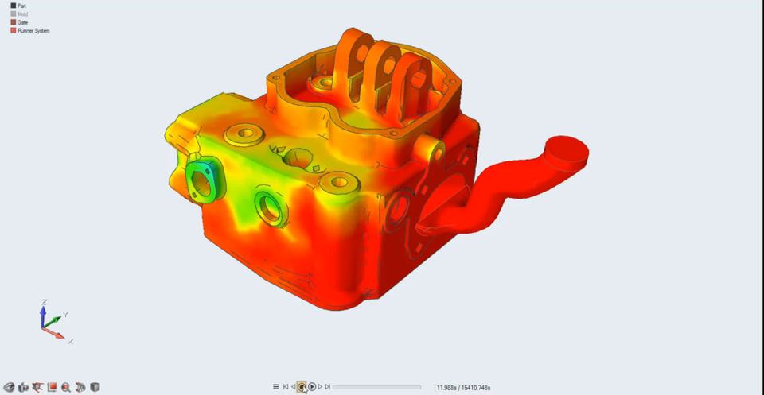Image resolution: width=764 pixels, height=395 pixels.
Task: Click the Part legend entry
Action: tap(21, 6)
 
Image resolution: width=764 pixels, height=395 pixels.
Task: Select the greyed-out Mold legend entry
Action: tap(21, 14)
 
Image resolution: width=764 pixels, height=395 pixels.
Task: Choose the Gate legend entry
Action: tap(21, 22)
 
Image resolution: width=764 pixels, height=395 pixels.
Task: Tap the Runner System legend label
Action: tap(33, 30)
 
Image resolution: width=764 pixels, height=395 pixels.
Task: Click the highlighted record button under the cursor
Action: tap(302, 387)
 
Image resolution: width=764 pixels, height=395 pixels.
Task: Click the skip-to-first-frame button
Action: tap(286, 387)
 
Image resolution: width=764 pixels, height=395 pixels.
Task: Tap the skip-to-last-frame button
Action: tap(328, 387)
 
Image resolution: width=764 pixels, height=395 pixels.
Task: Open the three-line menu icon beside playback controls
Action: tap(276, 387)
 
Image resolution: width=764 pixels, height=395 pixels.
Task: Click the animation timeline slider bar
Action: tap(376, 387)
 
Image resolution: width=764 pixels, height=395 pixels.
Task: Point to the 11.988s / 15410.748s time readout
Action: tap(463, 388)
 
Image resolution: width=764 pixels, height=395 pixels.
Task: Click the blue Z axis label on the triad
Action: tap(43, 302)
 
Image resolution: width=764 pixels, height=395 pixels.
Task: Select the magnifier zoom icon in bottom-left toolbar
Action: tap(66, 387)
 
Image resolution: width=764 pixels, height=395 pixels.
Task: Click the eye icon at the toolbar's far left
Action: tap(10, 387)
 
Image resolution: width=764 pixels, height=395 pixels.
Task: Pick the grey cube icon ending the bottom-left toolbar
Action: tap(95, 387)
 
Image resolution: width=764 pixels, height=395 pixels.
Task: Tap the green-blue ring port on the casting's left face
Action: tap(204, 180)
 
